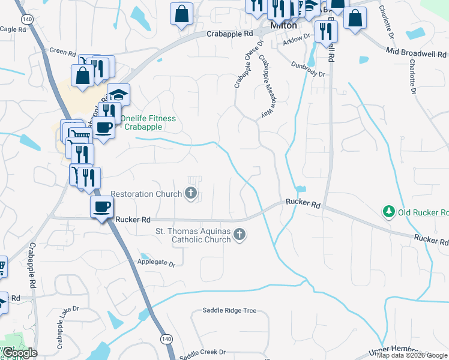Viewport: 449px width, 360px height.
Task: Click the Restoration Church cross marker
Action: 191,193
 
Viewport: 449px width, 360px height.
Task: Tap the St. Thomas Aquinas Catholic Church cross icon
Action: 240,234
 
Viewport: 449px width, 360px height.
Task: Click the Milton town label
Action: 283,26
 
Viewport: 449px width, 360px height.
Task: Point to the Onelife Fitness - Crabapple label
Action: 148,122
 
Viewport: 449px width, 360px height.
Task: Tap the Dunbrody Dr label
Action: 308,70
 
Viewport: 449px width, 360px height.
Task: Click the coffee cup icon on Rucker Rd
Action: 101,207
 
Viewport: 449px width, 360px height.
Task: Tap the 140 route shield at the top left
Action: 26,20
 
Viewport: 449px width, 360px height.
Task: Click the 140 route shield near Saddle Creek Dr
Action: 165,340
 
